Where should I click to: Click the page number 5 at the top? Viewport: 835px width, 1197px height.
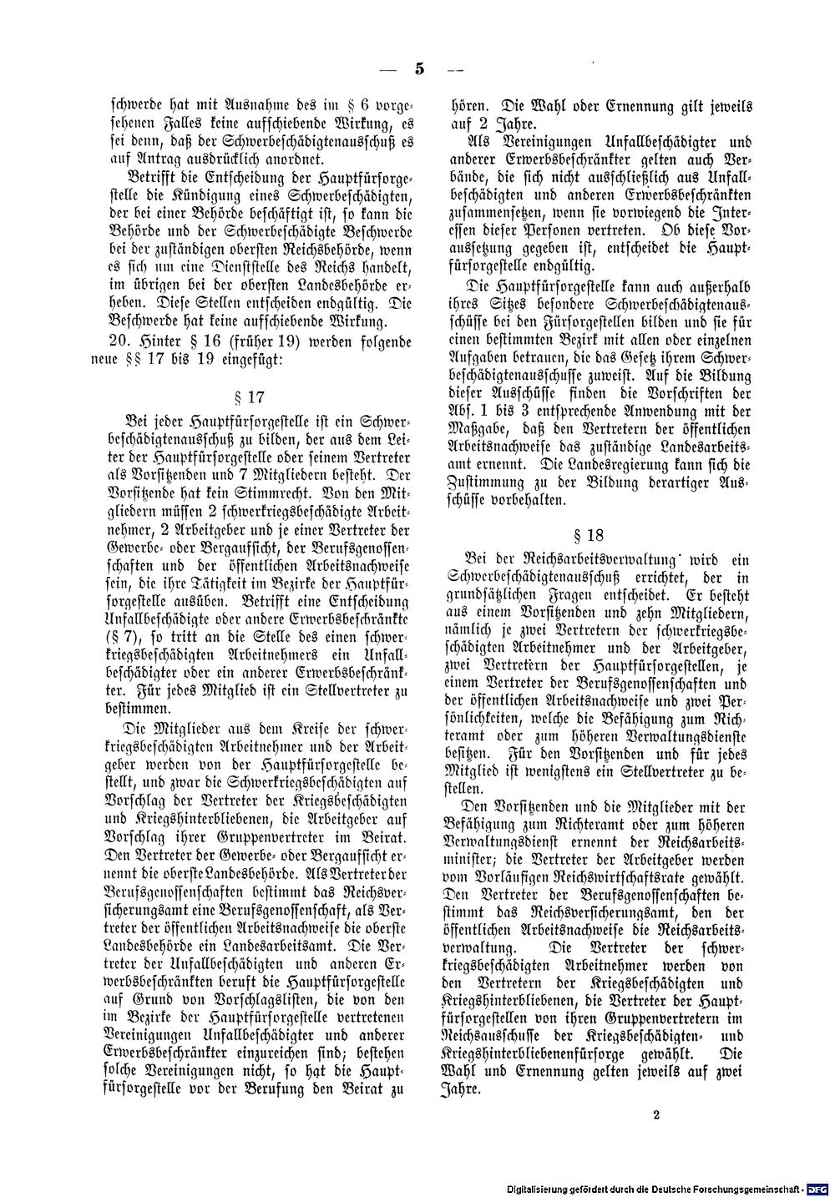417,69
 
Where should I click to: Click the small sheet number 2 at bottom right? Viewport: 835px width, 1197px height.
656,1135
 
